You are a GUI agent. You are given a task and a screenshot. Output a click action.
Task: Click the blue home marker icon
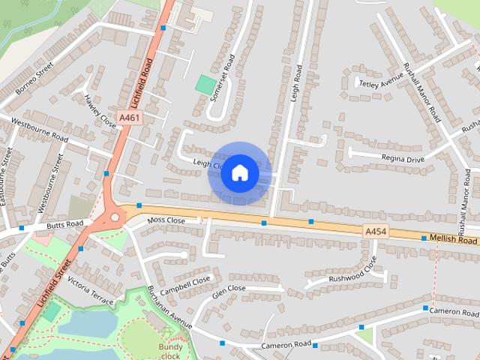(240, 172)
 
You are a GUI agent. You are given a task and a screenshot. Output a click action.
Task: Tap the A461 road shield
(129, 118)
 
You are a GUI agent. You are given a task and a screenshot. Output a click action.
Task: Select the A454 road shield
(376, 232)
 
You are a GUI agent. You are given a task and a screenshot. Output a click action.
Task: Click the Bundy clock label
(171, 351)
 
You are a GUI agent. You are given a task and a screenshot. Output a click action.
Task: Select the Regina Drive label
(403, 159)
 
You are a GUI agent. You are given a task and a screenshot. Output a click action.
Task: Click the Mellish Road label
(454, 240)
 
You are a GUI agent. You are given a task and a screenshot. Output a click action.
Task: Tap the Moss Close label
(166, 220)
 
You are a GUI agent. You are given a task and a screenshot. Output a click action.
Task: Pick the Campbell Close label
(185, 284)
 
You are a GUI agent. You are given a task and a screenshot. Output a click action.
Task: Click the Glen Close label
(229, 291)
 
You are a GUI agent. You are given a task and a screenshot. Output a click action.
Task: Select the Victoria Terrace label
(90, 290)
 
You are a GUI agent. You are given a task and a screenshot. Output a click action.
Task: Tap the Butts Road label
(64, 224)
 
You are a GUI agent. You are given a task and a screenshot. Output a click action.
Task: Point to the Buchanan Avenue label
(169, 307)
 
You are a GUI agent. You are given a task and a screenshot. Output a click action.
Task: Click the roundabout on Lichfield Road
(115, 218)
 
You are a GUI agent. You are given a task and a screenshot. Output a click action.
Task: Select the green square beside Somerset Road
(205, 84)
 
